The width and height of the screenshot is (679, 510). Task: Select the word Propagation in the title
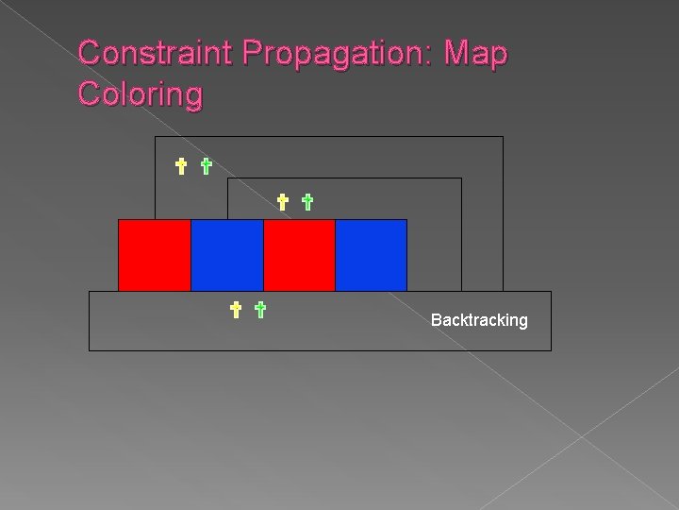click(x=335, y=53)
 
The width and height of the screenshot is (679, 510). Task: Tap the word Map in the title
click(x=478, y=53)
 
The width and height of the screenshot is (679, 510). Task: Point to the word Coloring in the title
click(x=141, y=94)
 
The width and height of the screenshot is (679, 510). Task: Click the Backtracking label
click(x=479, y=320)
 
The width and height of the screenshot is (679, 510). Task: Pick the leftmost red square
click(x=154, y=255)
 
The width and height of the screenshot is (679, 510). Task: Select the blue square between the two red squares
click(x=226, y=255)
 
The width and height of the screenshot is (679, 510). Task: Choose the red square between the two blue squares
click(x=299, y=255)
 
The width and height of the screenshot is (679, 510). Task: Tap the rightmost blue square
click(x=371, y=255)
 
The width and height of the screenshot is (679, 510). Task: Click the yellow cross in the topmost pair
click(x=181, y=167)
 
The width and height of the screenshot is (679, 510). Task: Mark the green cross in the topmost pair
click(x=206, y=167)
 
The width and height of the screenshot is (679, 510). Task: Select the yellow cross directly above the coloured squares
click(x=282, y=201)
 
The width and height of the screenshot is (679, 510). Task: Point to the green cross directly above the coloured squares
click(x=306, y=201)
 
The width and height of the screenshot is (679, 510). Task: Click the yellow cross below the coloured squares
click(x=236, y=308)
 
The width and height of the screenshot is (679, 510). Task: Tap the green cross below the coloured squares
click(x=260, y=308)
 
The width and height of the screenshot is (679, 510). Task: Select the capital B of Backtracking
click(x=436, y=320)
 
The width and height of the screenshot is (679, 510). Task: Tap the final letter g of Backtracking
click(x=522, y=322)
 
